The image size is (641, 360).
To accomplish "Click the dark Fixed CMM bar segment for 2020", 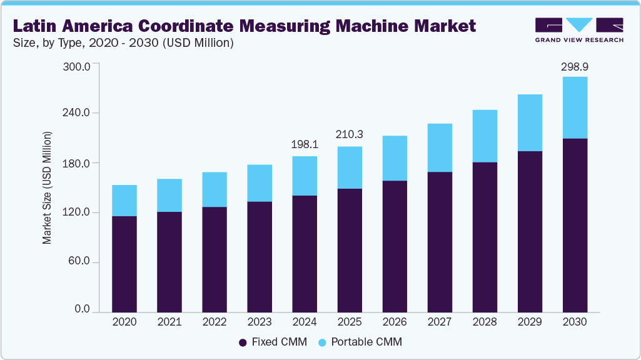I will (124, 264).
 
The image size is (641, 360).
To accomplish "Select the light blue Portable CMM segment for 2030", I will (575, 107).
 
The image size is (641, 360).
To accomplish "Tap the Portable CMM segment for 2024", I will (305, 176).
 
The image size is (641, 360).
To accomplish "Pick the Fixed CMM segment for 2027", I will (440, 241).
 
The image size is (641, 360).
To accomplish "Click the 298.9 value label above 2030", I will (575, 66).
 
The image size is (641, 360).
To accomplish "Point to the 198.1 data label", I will (305, 144).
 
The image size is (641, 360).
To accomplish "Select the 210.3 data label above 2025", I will (350, 134).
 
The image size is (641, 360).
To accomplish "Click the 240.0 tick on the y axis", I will (78, 113).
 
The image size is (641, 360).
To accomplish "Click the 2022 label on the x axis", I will (215, 322).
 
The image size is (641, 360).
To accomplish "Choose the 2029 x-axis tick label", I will (530, 322).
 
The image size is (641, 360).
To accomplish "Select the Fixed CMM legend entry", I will (273, 342).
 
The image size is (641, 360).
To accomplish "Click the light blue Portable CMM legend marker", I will (322, 342).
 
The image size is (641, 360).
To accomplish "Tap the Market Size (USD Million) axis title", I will (47, 187).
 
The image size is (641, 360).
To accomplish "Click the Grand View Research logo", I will (579, 29).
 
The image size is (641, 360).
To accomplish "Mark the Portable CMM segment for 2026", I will (395, 158).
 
